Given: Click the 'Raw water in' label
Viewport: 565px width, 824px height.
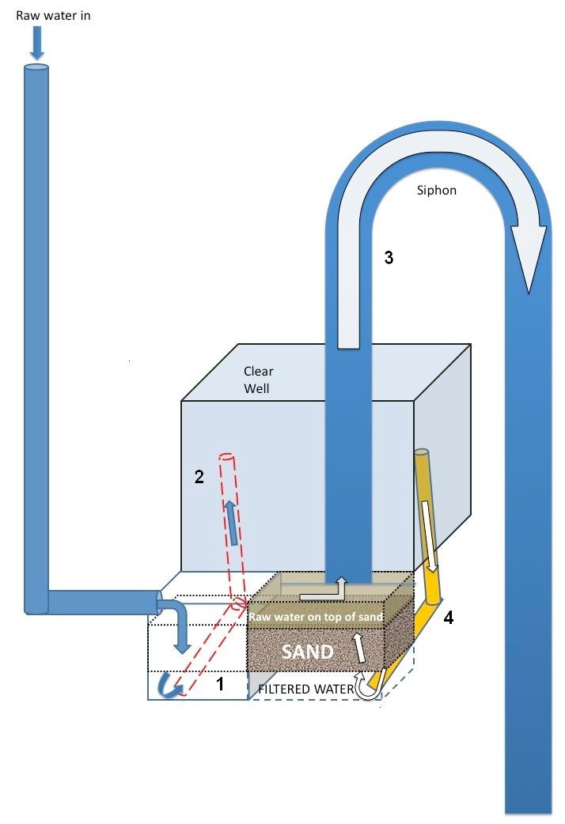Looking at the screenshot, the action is pyautogui.click(x=53, y=16).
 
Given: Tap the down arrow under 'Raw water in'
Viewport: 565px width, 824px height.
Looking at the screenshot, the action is pyautogui.click(x=37, y=43).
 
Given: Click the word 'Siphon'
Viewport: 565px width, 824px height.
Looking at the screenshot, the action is pyautogui.click(x=437, y=191).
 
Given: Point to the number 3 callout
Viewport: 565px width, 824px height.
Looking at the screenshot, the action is pyautogui.click(x=389, y=258).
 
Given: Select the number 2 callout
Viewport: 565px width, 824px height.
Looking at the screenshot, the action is pyautogui.click(x=199, y=477).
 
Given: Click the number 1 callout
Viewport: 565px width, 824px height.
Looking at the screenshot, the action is pyautogui.click(x=221, y=684).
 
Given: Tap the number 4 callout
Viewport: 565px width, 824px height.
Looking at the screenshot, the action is pyautogui.click(x=448, y=617).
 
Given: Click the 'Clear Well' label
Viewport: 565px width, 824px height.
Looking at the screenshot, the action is pyautogui.click(x=258, y=380).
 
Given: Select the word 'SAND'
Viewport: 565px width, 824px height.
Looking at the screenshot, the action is pyautogui.click(x=308, y=652).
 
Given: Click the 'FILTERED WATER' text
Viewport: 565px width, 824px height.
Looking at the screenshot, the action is pyautogui.click(x=306, y=689).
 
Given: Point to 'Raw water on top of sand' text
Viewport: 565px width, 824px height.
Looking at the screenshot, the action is pyautogui.click(x=316, y=617).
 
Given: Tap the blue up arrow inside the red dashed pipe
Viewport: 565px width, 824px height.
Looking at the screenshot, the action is pyautogui.click(x=231, y=523).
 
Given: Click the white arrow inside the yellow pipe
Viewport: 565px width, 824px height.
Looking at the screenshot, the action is pyautogui.click(x=429, y=536).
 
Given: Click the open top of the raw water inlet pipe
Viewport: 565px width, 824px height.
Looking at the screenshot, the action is pyautogui.click(x=36, y=67).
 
